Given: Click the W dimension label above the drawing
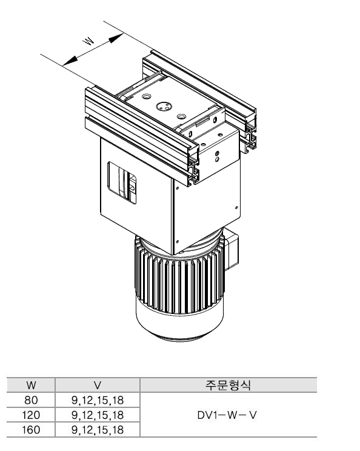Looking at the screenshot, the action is pyautogui.click(x=88, y=41).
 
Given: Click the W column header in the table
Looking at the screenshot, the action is pyautogui.click(x=31, y=385).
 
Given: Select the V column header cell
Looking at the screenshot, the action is pyautogui.click(x=98, y=385).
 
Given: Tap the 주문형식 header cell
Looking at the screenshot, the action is pyautogui.click(x=228, y=385).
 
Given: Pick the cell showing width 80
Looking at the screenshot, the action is pyautogui.click(x=31, y=400).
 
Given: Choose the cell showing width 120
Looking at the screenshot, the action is pyautogui.click(x=31, y=415).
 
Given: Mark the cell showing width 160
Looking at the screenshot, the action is pyautogui.click(x=31, y=430).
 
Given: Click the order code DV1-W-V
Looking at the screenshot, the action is pyautogui.click(x=227, y=415).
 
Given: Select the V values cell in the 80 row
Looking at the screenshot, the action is pyautogui.click(x=98, y=400).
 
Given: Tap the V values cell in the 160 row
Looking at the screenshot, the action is pyautogui.click(x=98, y=430).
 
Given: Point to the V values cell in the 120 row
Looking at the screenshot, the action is pyautogui.click(x=98, y=415).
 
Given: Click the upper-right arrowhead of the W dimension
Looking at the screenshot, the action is pyautogui.click(x=116, y=38).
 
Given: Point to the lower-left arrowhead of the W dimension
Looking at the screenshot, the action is pyautogui.click(x=70, y=61).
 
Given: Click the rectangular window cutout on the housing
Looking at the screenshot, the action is pyautogui.click(x=122, y=183).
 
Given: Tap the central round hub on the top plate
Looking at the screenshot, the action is pyautogui.click(x=164, y=107).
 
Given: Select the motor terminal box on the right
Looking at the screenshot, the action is pyautogui.click(x=232, y=249).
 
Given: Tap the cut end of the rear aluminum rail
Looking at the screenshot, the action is pyautogui.click(x=251, y=131).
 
